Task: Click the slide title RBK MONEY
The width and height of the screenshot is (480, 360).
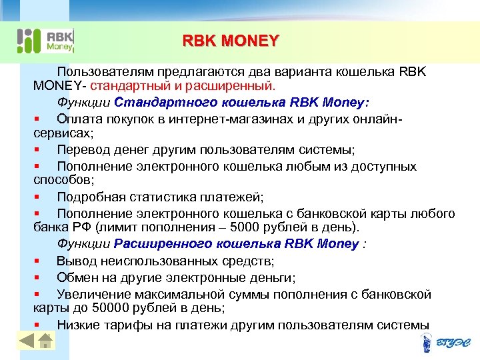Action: click(231, 41)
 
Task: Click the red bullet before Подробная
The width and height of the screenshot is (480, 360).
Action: click(37, 197)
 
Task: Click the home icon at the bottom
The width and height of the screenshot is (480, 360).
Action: click(45, 342)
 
